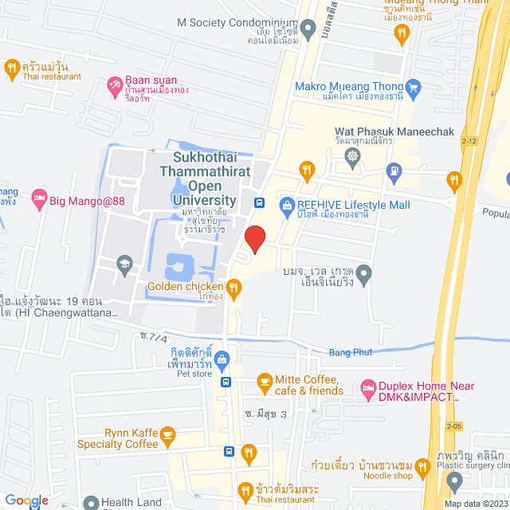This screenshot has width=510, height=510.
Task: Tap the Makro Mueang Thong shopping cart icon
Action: (x=413, y=86)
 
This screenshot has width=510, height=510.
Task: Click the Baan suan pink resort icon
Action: (x=114, y=83)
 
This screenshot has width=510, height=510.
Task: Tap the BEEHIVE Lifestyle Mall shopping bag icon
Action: (x=287, y=206)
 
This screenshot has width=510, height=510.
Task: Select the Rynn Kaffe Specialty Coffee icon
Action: (x=167, y=435)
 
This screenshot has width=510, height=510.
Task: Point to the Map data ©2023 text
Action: (x=476, y=504)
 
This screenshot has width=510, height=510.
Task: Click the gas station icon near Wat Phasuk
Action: (x=393, y=169)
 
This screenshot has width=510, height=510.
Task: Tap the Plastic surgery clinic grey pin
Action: (x=454, y=480)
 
